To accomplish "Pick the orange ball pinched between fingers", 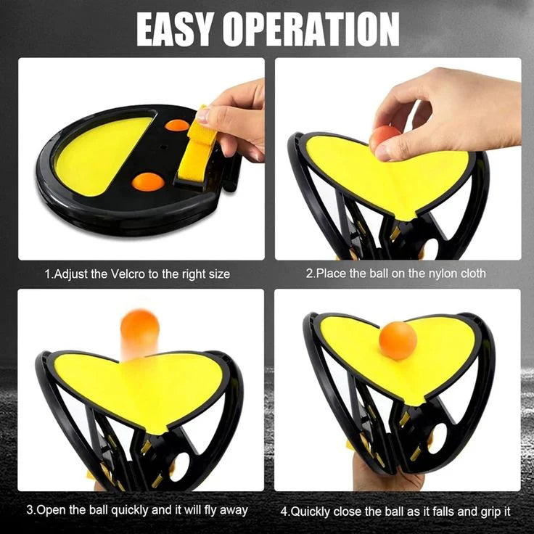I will click(x=383, y=137).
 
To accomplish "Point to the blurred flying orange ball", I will click(x=138, y=330).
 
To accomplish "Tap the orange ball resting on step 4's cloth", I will click(x=398, y=340).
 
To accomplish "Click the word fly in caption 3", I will click(x=210, y=511).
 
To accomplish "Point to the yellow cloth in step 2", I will click(x=392, y=171).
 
